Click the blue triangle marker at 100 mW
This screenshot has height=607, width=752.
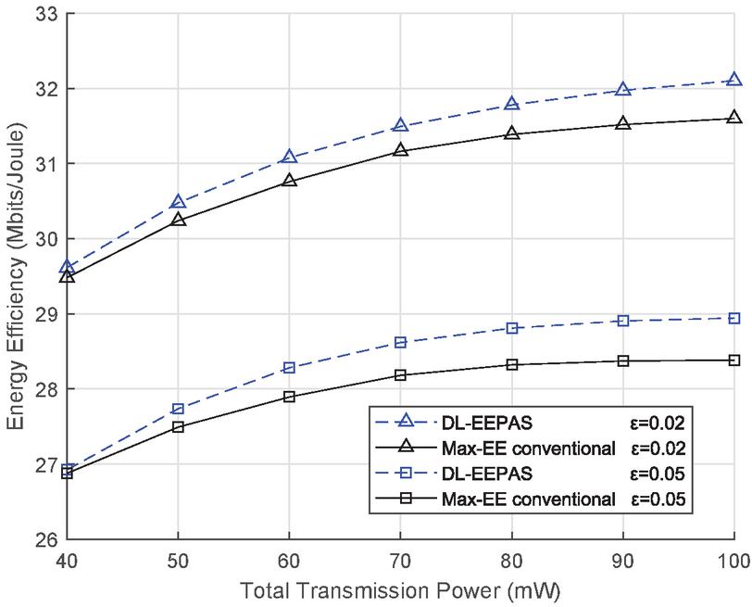coord(733,81)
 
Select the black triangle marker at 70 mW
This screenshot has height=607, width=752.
coord(400,149)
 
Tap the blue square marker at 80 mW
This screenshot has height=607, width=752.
coord(511,328)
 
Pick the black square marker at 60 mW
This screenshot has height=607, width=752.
coord(289,397)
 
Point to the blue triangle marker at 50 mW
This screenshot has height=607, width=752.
coord(178,202)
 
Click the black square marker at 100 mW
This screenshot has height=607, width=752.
coord(733,360)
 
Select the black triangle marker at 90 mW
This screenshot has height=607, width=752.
coord(622,123)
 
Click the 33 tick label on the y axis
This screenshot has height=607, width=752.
coord(44,14)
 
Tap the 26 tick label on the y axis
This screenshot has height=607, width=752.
coord(44,540)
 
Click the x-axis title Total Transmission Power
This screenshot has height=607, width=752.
coord(400,588)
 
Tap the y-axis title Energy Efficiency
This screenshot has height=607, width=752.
coord(16,275)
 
